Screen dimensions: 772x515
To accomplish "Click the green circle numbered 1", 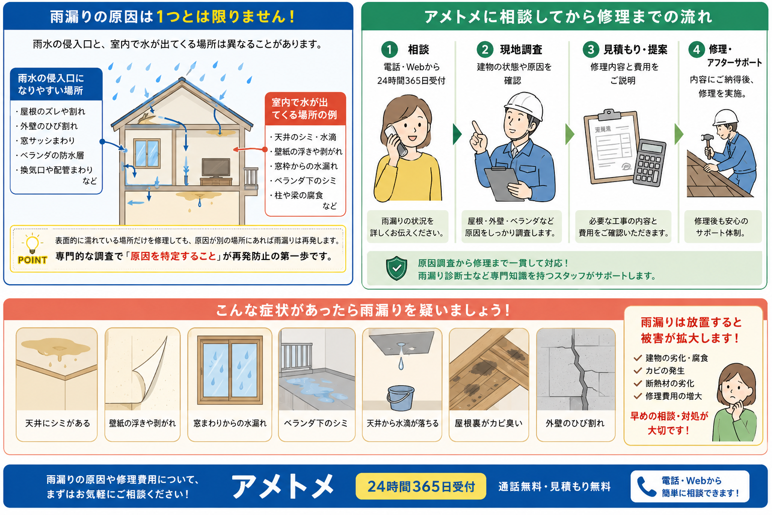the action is tap(390, 50).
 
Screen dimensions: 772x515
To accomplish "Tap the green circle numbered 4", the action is tap(697, 50).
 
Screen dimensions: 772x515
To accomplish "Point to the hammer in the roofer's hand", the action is tap(708, 144).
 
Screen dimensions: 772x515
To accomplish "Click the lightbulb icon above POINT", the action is tap(32, 243).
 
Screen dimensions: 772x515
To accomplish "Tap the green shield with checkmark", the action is tap(397, 268).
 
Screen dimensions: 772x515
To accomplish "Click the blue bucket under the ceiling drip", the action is tap(400, 398).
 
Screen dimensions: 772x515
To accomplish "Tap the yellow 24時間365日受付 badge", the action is tap(421, 486).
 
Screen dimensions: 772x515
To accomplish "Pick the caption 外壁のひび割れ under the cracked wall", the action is tap(575, 423).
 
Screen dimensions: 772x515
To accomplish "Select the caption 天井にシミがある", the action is tap(57, 423).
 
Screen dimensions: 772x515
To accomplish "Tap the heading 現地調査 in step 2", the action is tap(521, 50).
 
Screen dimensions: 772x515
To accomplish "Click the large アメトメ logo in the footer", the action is tap(283, 486).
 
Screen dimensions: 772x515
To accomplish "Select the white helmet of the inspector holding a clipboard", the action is tap(524, 105).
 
